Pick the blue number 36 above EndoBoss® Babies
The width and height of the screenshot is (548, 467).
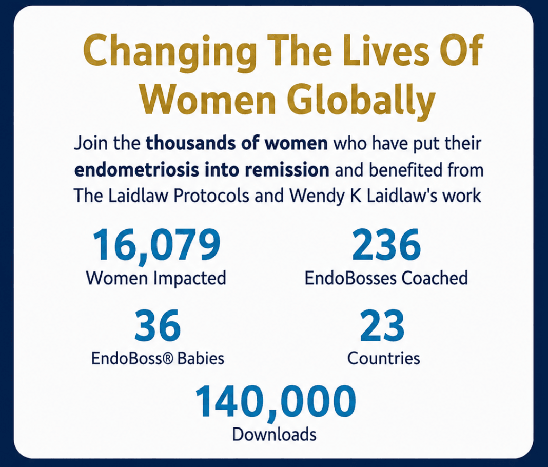click(x=158, y=325)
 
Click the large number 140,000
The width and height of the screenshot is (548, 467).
click(x=276, y=402)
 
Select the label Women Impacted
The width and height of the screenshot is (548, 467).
click(x=156, y=278)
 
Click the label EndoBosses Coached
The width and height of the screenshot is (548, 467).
click(x=386, y=278)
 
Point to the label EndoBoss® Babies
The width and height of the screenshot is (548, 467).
click(x=158, y=358)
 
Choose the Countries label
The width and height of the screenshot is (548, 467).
click(x=383, y=358)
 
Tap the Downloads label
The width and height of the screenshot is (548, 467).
click(x=275, y=435)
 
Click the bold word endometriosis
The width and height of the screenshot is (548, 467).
click(x=137, y=170)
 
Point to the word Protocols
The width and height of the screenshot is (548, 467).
click(x=211, y=196)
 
